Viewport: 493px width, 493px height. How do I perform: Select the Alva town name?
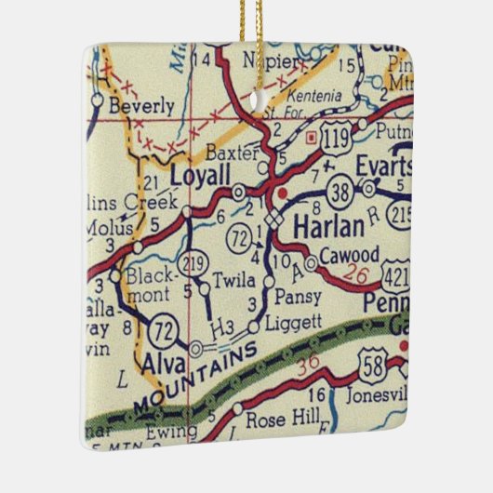coord(167,363)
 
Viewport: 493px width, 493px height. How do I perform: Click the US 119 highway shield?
coord(334,140)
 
